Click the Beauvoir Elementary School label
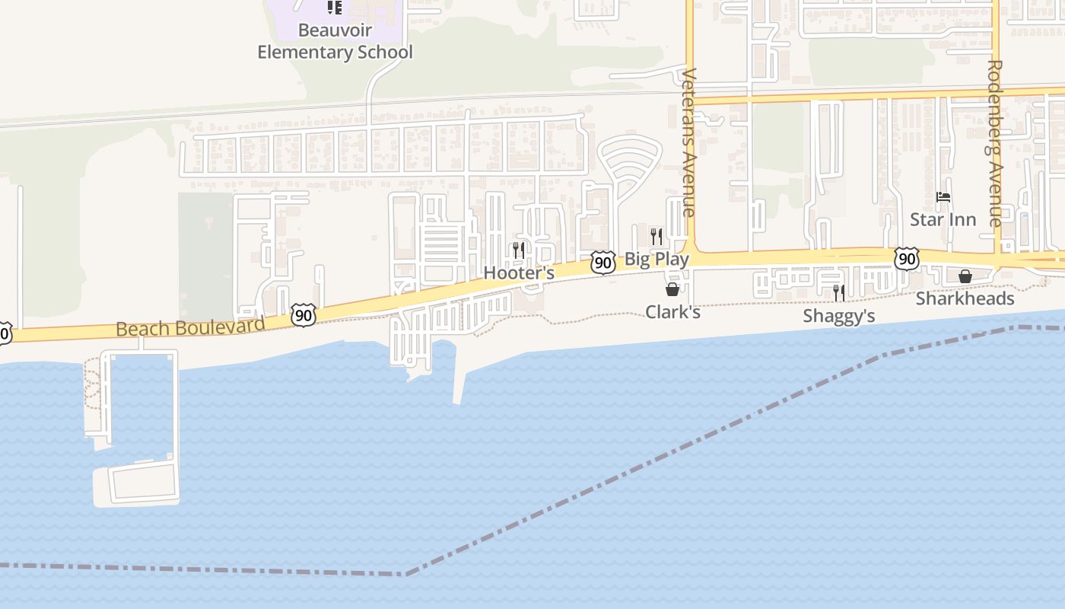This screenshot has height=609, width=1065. click(335, 42)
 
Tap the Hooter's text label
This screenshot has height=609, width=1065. click(519, 273)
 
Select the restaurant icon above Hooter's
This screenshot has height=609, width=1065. click(519, 250)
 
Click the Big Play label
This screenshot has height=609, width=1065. click(656, 259)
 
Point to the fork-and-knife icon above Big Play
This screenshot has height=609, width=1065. click(656, 236)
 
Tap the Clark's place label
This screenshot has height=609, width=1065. click(672, 312)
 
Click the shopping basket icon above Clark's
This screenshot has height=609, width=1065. click(672, 289)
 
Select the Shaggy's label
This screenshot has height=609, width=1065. click(839, 316)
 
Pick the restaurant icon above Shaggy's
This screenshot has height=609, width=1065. click(839, 293)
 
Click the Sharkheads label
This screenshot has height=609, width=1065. click(965, 298)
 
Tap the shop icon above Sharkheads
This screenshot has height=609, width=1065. click(965, 276)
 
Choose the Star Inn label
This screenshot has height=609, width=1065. click(943, 220)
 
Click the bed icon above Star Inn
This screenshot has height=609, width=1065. click(943, 197)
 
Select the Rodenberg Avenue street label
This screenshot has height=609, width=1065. click(995, 143)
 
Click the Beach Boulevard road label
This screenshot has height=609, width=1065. click(190, 327)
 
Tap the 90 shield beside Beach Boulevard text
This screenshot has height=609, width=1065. click(303, 315)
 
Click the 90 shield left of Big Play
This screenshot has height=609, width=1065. click(603, 263)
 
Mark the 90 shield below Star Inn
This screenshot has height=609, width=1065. click(906, 259)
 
